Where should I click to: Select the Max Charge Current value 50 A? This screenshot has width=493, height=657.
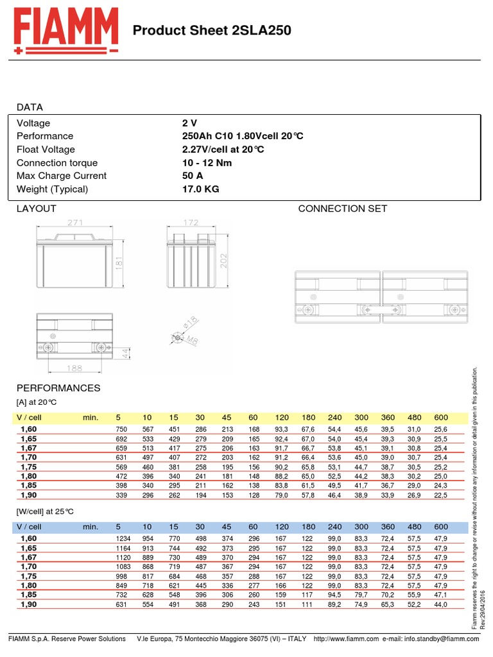pos(193,176)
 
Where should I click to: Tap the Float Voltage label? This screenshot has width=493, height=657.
pos(46,149)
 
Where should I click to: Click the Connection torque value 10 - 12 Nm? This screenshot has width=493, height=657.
pos(207,163)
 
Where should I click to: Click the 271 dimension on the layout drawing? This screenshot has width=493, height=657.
pos(75,223)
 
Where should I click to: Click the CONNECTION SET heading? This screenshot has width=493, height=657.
pos(343,209)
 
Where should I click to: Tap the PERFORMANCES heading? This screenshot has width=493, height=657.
pos(58,388)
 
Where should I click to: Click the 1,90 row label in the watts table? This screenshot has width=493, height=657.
pos(29,605)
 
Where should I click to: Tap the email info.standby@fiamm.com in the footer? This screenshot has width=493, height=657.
pos(442,639)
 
